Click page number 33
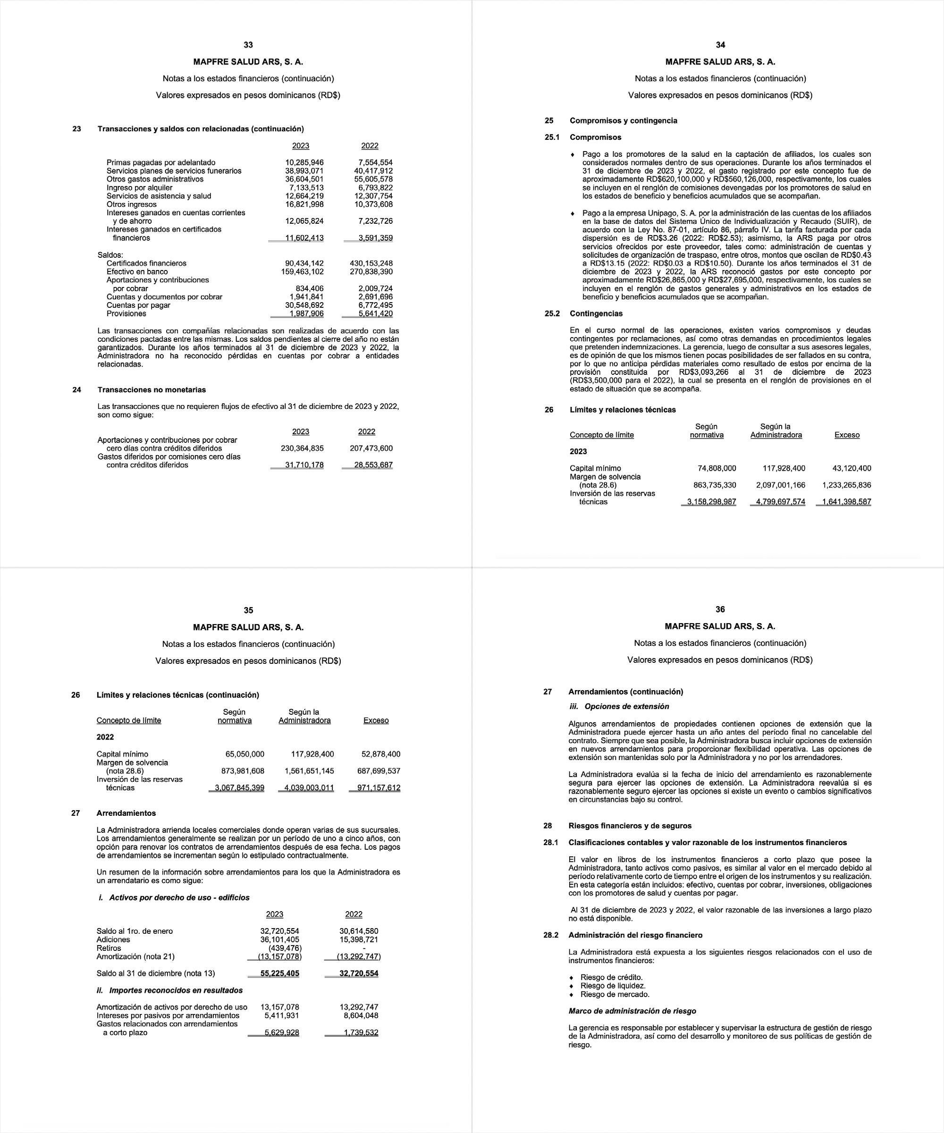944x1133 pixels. (248, 45)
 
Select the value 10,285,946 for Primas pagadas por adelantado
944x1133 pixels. (304, 162)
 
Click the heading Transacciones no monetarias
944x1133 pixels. (152, 389)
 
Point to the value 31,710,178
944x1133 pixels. (304, 465)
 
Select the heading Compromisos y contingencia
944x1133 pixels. (623, 120)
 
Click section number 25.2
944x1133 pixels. (552, 313)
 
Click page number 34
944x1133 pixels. (720, 45)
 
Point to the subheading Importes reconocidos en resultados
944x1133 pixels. (176, 990)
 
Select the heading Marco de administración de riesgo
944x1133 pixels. (632, 1011)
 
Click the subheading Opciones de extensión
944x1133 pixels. (627, 706)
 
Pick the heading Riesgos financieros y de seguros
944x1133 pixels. (630, 826)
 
